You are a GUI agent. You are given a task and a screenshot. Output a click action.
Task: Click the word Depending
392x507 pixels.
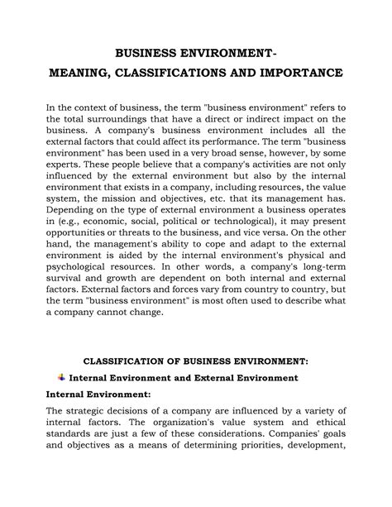click(x=74, y=237)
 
